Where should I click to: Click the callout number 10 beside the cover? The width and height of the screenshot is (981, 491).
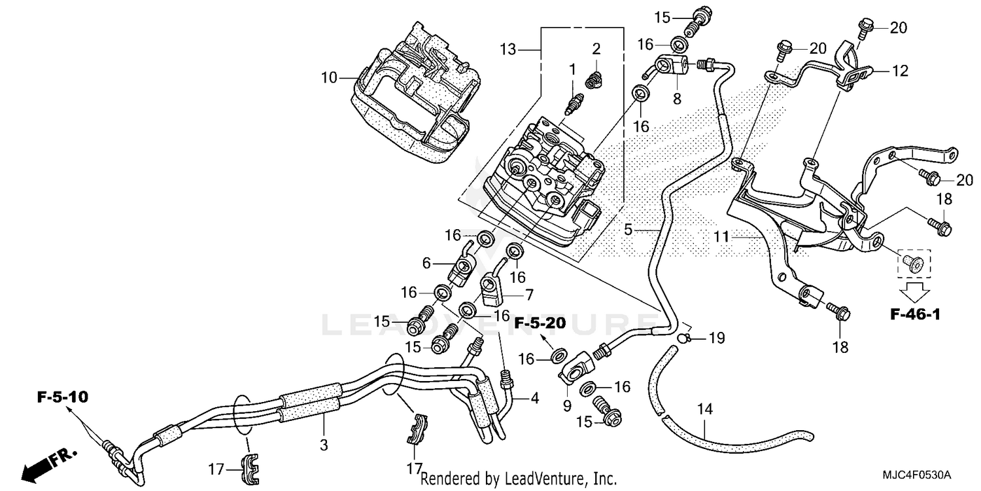click(x=329, y=78)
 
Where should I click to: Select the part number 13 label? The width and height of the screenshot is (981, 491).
click(x=508, y=49)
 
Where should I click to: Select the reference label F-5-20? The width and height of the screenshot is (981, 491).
click(x=539, y=323)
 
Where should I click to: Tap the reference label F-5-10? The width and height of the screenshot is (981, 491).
click(x=63, y=397)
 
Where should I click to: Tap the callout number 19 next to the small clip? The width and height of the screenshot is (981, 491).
click(x=717, y=338)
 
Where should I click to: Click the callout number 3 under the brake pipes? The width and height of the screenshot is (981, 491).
click(x=324, y=445)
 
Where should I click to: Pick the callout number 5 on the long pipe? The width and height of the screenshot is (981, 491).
click(x=628, y=230)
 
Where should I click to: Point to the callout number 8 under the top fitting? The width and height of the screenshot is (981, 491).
click(x=677, y=99)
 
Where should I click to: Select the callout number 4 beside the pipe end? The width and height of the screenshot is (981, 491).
click(x=534, y=397)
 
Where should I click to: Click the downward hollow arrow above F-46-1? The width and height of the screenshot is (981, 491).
click(x=914, y=288)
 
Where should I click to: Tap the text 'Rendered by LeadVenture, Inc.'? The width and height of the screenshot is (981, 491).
click(x=518, y=479)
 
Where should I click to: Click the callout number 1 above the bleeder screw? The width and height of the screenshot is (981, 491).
click(x=572, y=69)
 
